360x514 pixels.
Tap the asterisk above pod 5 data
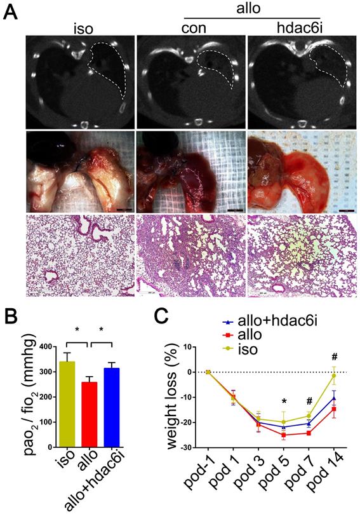(284, 401)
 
